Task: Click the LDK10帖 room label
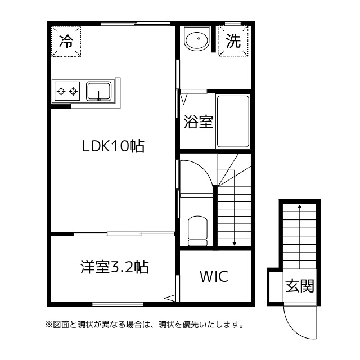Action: pos(114,147)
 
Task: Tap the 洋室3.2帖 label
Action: pos(114,266)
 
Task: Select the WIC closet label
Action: pos(214,277)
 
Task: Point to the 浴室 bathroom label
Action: pos(199,121)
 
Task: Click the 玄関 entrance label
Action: pos(299,286)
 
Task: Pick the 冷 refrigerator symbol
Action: pos(66,42)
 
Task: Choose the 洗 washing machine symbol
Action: pos(233,41)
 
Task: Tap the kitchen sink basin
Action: pos(99,90)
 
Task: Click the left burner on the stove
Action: pos(60,90)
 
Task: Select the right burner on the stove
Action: pos(73,90)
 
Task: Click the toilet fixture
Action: pos(197,229)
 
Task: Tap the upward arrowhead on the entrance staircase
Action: pos(299,206)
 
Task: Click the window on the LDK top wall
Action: pos(136,24)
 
